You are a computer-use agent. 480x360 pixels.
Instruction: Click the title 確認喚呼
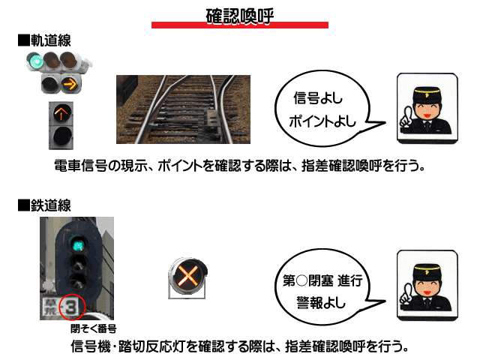(240, 16)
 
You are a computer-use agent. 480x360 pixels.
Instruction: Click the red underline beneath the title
(240, 25)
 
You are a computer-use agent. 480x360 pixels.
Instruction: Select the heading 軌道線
(51, 40)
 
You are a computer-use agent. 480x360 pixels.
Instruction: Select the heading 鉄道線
(51, 205)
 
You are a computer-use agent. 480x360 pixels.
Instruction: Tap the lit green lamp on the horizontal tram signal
(35, 61)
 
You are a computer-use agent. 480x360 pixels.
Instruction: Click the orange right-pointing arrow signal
(70, 83)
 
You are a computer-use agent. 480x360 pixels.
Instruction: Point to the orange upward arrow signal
(61, 113)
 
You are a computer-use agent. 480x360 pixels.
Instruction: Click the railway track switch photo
(183, 109)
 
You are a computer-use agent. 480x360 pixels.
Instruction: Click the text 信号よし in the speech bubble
(318, 98)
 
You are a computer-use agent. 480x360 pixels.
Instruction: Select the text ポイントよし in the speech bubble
(322, 121)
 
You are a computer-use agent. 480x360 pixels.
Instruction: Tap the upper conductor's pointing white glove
(406, 117)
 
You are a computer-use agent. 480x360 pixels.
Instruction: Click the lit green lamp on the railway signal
(78, 244)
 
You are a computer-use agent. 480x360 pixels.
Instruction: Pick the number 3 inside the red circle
(70, 307)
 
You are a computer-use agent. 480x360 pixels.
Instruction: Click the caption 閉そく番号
(93, 328)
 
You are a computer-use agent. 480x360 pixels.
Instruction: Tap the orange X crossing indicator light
(188, 275)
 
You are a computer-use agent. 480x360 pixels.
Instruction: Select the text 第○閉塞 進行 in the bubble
(322, 280)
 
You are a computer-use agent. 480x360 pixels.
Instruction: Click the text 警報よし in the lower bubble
(321, 303)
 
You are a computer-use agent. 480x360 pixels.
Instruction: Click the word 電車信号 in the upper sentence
(80, 166)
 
